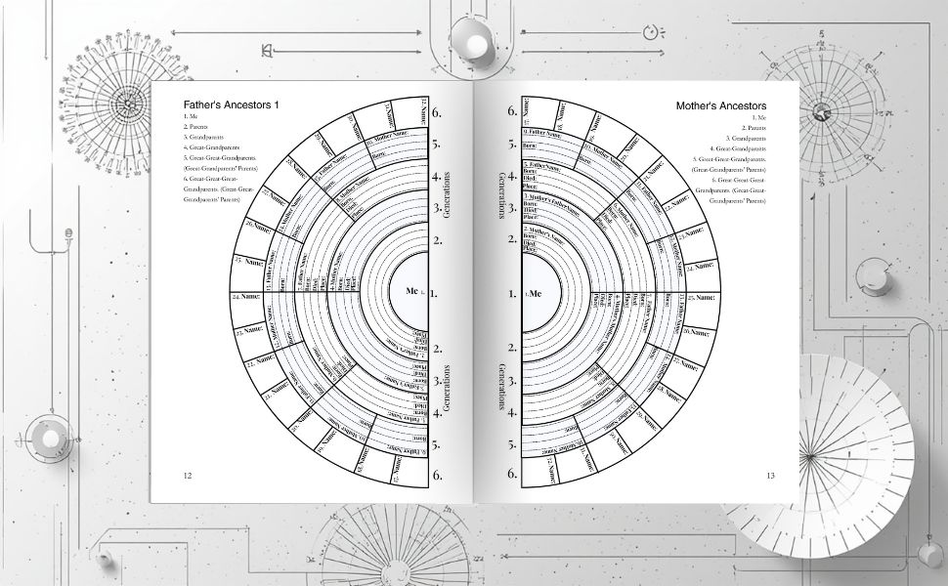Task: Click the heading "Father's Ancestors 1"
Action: coord(231,105)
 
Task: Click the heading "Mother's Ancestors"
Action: coord(721,105)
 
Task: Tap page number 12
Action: coord(188,475)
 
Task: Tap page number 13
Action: coord(770,476)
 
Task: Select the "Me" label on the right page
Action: coord(534,293)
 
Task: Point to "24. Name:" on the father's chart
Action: coord(249,295)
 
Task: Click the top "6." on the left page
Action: coord(437,111)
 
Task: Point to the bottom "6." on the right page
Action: coord(511,474)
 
